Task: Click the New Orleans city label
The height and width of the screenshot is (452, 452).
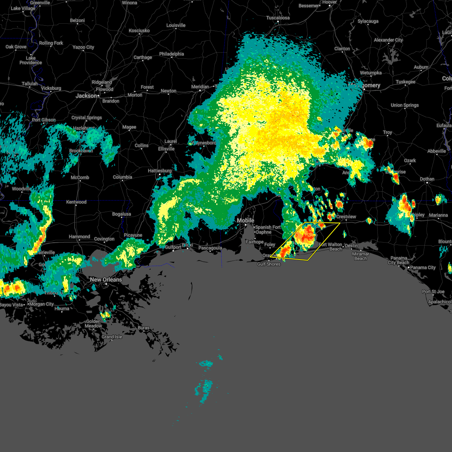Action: (x=106, y=279)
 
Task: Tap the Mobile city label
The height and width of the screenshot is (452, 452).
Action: (x=245, y=220)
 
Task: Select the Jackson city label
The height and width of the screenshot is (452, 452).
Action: (x=86, y=96)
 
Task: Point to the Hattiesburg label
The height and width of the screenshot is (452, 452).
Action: (x=160, y=171)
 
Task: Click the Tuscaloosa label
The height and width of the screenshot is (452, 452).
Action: (x=278, y=18)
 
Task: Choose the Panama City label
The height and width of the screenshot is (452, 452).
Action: (x=423, y=267)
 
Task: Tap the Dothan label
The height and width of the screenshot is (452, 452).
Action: (x=427, y=179)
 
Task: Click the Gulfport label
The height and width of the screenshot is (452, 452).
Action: (x=174, y=247)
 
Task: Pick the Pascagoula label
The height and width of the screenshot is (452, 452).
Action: (x=210, y=248)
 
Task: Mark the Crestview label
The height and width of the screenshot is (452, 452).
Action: (x=346, y=217)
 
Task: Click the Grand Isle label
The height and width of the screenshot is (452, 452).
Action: (x=112, y=337)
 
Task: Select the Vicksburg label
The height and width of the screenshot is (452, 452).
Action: (x=51, y=88)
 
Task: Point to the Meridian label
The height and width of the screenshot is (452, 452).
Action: (x=200, y=87)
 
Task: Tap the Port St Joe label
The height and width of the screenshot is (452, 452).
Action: (x=433, y=292)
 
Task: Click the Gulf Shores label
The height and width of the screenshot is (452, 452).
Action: (x=269, y=264)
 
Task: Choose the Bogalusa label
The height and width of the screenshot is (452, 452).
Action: (x=121, y=214)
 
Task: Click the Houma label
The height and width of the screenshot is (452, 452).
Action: (x=62, y=308)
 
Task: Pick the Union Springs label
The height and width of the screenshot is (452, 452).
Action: (x=405, y=105)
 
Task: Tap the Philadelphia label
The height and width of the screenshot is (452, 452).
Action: (x=171, y=54)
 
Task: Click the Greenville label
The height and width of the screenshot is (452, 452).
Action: (x=40, y=3)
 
